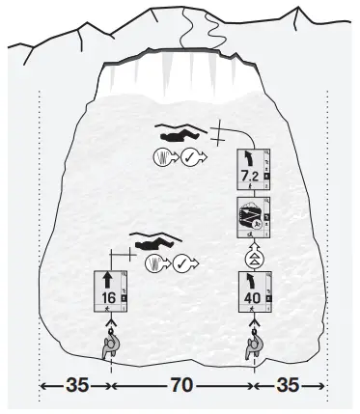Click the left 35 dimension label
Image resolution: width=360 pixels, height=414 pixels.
76,385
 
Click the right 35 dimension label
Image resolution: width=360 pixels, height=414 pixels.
288,385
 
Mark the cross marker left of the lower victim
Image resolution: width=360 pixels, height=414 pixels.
121,255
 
